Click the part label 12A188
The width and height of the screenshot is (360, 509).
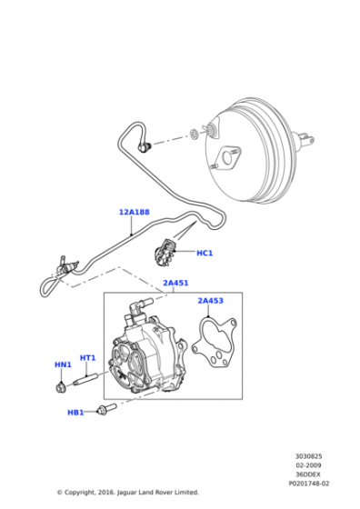click(134, 213)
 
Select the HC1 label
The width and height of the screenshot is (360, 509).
click(204, 253)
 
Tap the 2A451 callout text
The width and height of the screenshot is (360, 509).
click(175, 283)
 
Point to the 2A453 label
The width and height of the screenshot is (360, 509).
click(212, 299)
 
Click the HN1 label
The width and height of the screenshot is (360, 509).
click(62, 365)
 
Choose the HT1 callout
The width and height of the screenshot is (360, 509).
click(88, 357)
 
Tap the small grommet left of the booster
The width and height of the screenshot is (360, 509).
click(194, 135)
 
